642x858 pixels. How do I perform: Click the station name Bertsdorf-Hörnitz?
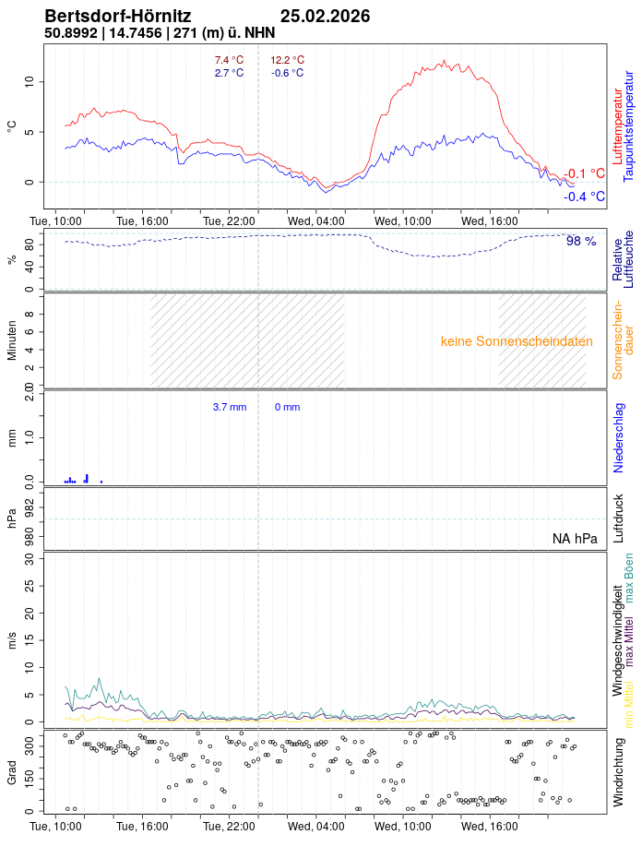point(118,17)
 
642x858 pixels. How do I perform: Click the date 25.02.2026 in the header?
point(325,17)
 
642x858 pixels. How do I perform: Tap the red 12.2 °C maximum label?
point(287,60)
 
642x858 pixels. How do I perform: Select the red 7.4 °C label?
point(229,60)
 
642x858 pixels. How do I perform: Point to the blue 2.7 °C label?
point(229,73)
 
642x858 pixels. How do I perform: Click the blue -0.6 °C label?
point(287,73)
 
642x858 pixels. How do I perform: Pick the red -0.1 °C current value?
point(584,173)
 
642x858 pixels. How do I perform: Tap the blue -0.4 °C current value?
point(584,197)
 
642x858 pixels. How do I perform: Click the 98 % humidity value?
point(581,241)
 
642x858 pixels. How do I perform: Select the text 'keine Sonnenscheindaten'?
point(517,341)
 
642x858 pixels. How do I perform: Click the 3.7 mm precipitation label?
point(230,407)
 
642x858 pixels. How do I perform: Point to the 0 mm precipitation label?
point(287,407)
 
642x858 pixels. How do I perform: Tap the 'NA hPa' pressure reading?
point(575,539)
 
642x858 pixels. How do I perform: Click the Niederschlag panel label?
point(618,437)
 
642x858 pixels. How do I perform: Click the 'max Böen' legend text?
point(629,578)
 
